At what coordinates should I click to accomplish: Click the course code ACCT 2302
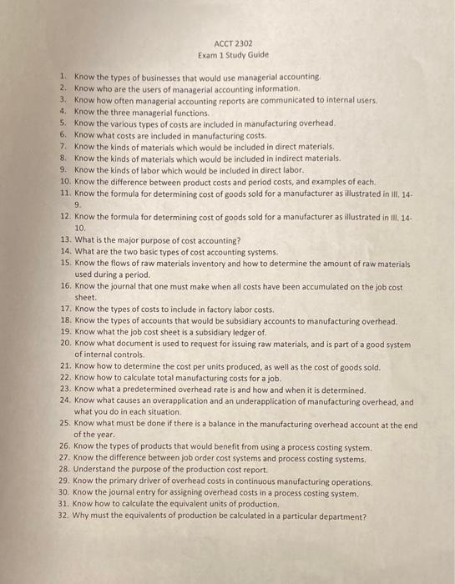pos(227,43)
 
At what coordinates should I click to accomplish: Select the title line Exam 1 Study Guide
pos(227,55)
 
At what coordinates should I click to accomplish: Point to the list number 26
pos(64,446)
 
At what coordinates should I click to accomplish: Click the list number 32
pos(64,516)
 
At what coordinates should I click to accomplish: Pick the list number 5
pos(63,123)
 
